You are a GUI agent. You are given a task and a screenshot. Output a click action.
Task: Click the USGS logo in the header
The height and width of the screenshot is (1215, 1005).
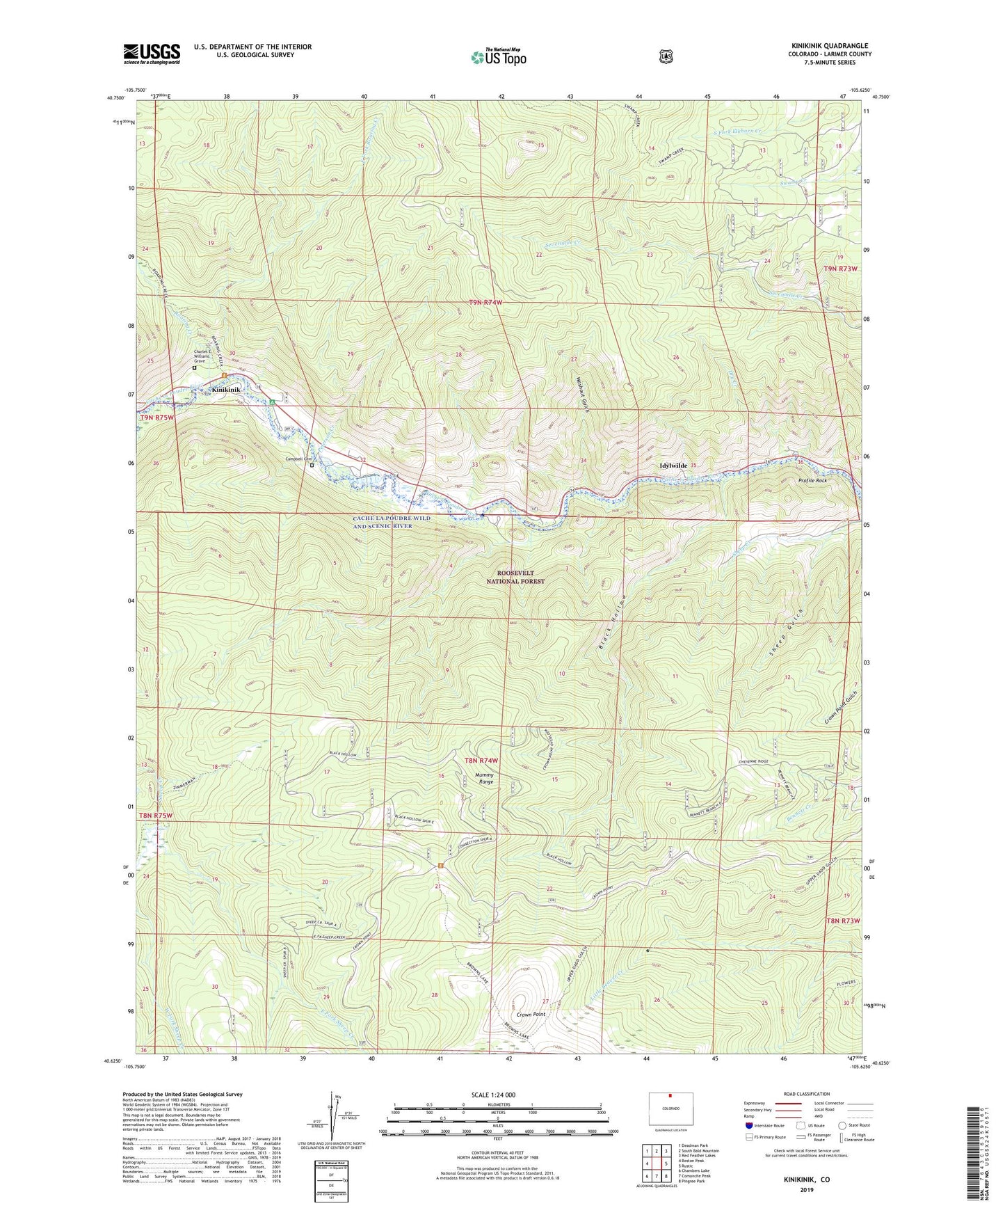click(x=152, y=54)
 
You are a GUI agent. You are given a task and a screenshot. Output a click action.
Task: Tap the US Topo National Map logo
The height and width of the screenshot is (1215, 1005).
click(x=497, y=57)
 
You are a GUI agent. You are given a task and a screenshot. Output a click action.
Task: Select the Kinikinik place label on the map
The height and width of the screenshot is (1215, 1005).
click(x=226, y=390)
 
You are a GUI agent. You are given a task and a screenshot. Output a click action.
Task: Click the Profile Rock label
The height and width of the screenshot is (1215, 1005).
click(x=812, y=481)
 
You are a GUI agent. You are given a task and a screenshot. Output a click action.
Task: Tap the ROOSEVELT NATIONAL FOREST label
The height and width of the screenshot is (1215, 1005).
click(x=515, y=577)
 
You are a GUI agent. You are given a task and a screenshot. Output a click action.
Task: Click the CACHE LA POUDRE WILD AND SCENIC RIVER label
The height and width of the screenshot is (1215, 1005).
click(x=392, y=522)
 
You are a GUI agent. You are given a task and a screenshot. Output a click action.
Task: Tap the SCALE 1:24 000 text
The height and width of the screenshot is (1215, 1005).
click(x=493, y=1095)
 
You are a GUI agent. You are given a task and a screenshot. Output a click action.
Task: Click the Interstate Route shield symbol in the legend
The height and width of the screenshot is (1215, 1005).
click(x=748, y=1125)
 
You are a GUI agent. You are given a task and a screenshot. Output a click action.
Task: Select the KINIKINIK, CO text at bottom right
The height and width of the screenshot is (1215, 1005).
click(x=806, y=1180)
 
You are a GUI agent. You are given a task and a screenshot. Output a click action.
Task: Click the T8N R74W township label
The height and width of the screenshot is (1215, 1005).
click(x=481, y=761)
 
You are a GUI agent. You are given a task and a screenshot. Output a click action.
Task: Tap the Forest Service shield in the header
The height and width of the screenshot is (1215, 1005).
click(x=666, y=56)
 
